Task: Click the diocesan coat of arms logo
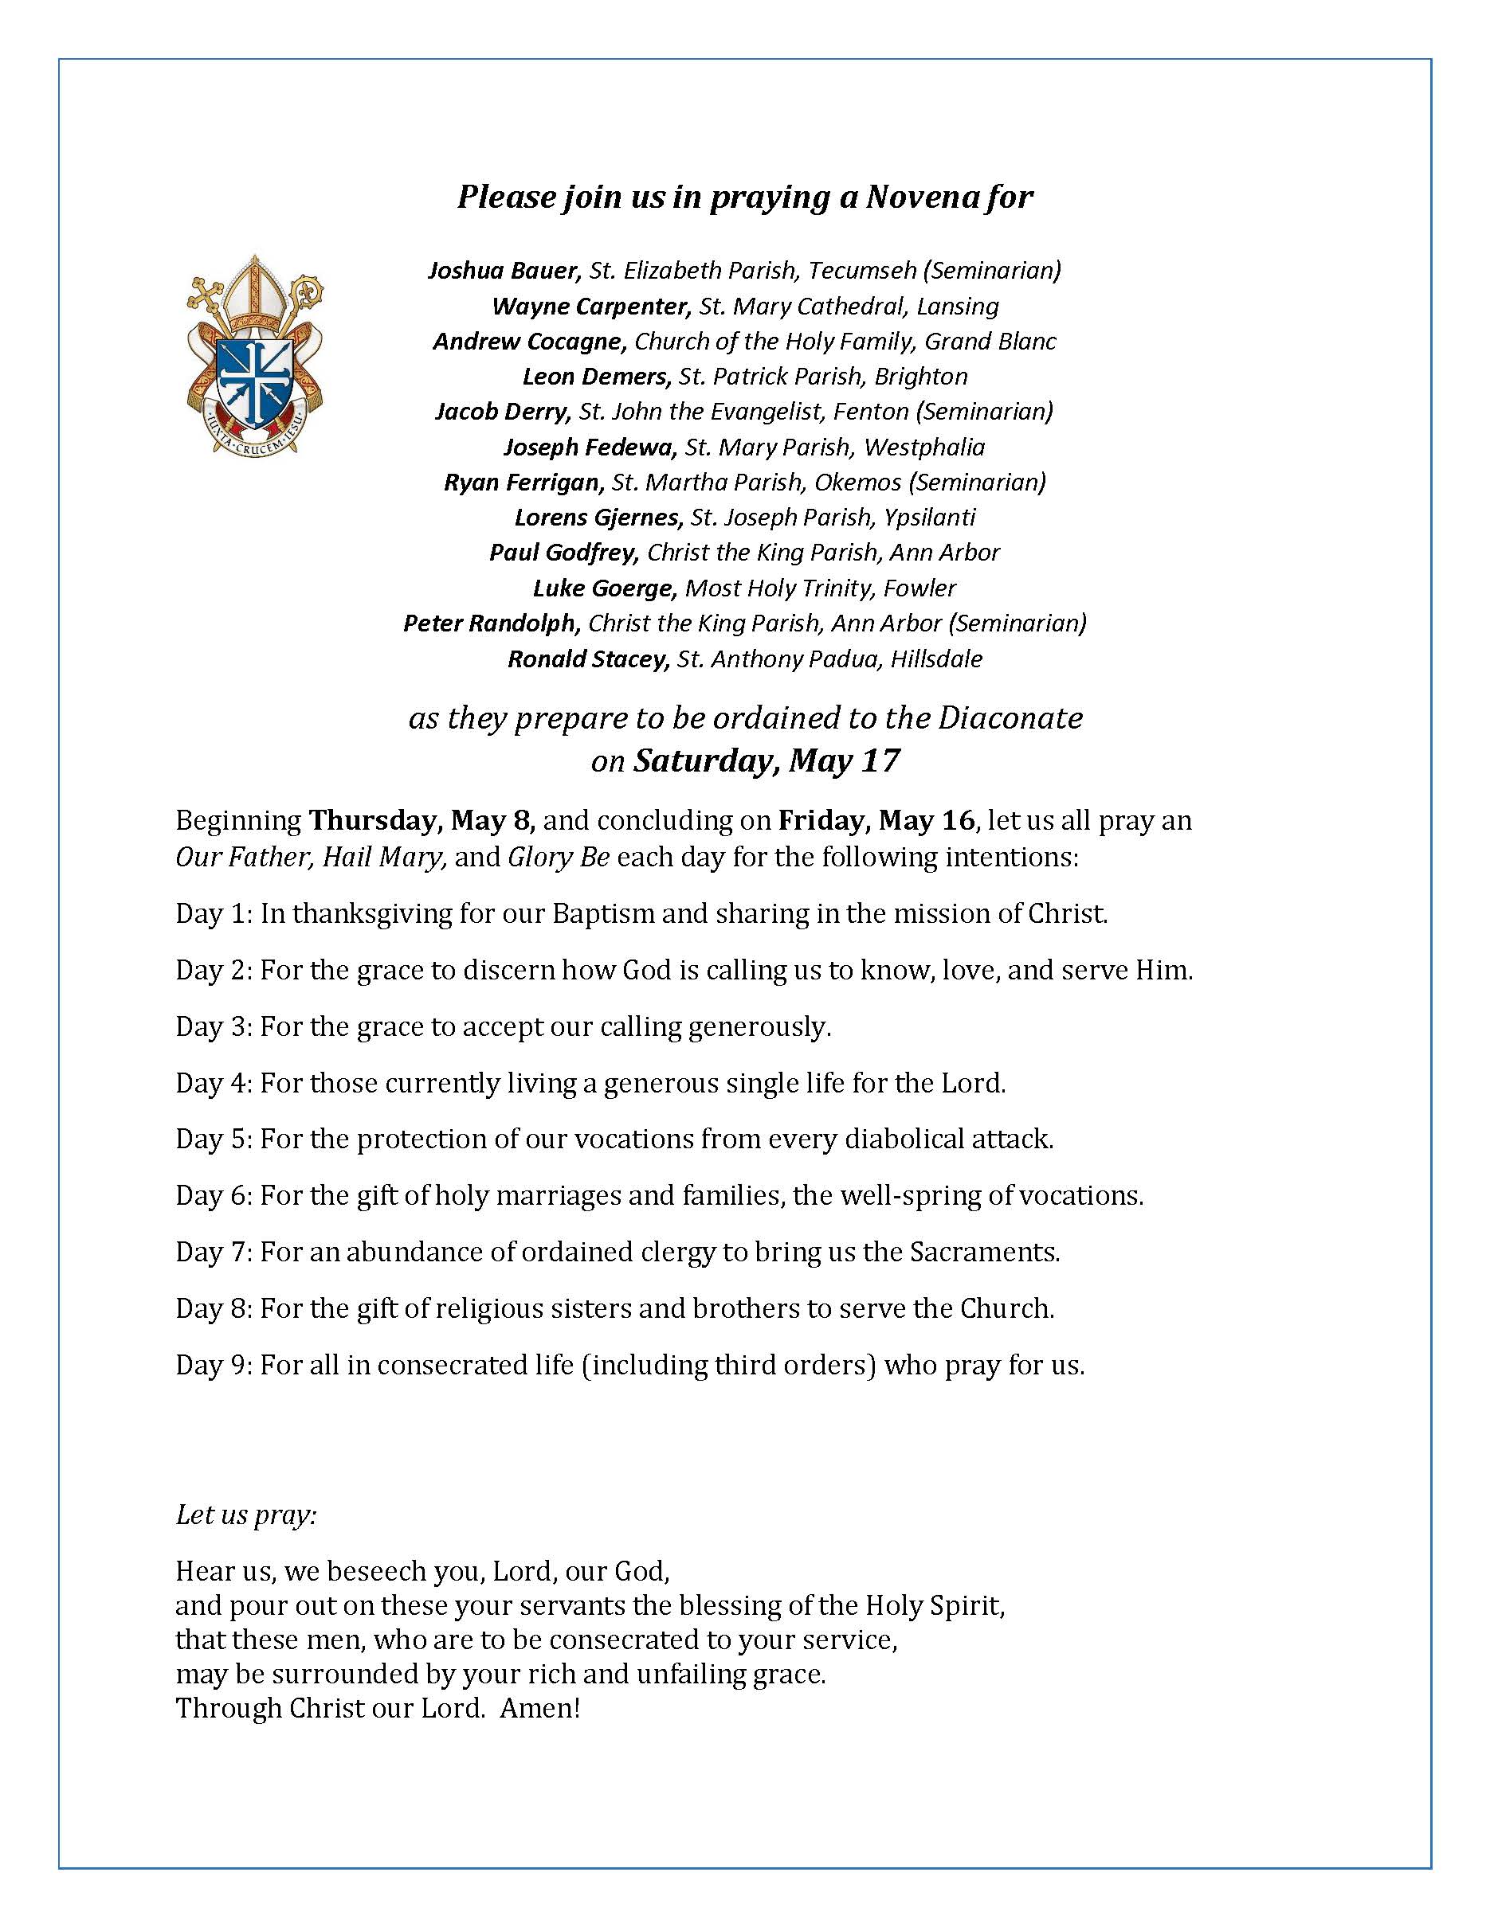point(254,354)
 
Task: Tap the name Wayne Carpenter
point(590,306)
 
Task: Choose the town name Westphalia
point(924,448)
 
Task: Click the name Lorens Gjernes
point(599,518)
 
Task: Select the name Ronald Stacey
point(587,659)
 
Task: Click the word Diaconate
point(1010,718)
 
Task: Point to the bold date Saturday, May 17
point(767,760)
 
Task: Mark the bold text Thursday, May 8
point(422,820)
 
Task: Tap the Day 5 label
point(214,1139)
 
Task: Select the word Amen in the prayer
point(539,1708)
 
